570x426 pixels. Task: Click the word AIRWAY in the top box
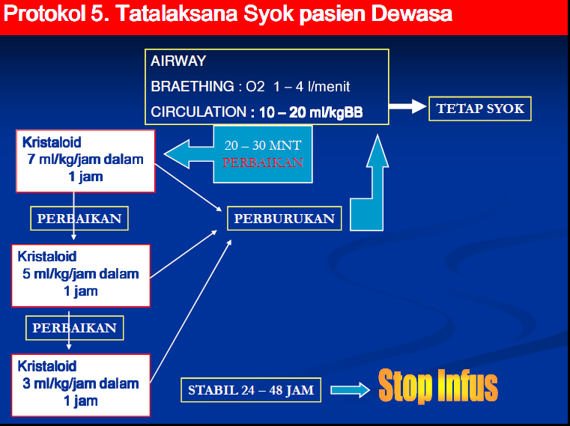click(178, 61)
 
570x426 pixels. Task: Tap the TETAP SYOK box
click(479, 109)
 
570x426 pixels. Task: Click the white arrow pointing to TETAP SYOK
click(406, 107)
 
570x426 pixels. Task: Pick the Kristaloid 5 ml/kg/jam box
click(81, 274)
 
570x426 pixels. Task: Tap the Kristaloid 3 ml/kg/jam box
click(81, 383)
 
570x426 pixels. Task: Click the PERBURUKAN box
click(285, 219)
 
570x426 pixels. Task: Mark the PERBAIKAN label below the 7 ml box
click(79, 218)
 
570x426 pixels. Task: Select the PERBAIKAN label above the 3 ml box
click(74, 328)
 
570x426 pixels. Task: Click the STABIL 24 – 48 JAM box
click(251, 389)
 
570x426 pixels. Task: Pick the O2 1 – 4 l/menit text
click(299, 86)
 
